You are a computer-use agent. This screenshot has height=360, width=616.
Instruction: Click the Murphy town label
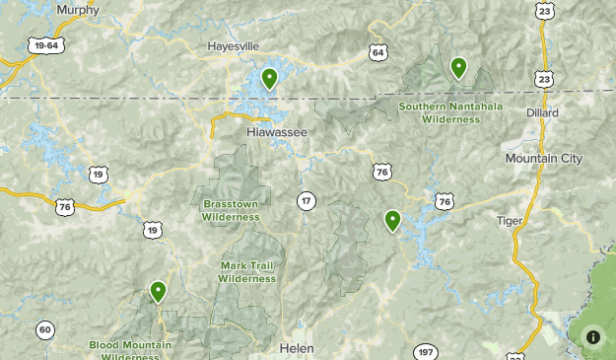[x=78, y=10]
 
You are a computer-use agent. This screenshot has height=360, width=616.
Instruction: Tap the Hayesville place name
[x=233, y=46]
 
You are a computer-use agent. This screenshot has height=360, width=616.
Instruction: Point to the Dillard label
[x=542, y=113]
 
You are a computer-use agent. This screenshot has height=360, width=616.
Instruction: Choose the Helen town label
[x=296, y=349]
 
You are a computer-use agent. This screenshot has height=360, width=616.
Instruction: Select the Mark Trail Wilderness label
[x=246, y=272]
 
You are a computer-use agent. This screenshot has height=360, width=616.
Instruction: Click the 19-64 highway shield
[x=45, y=45]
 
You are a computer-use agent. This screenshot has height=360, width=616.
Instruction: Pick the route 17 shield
[x=307, y=201]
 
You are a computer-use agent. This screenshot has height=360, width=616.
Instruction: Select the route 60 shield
[x=45, y=329]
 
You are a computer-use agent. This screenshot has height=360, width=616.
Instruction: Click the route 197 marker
[x=425, y=352]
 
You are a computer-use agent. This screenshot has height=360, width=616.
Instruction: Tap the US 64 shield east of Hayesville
[x=378, y=51]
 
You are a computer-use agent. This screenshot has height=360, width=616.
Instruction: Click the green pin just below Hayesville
[x=269, y=78]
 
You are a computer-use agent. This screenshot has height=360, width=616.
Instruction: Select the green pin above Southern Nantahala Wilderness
[x=458, y=68]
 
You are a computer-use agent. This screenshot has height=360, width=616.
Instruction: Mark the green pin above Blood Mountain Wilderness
[x=158, y=291]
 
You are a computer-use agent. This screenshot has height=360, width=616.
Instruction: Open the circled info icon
[x=593, y=336]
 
